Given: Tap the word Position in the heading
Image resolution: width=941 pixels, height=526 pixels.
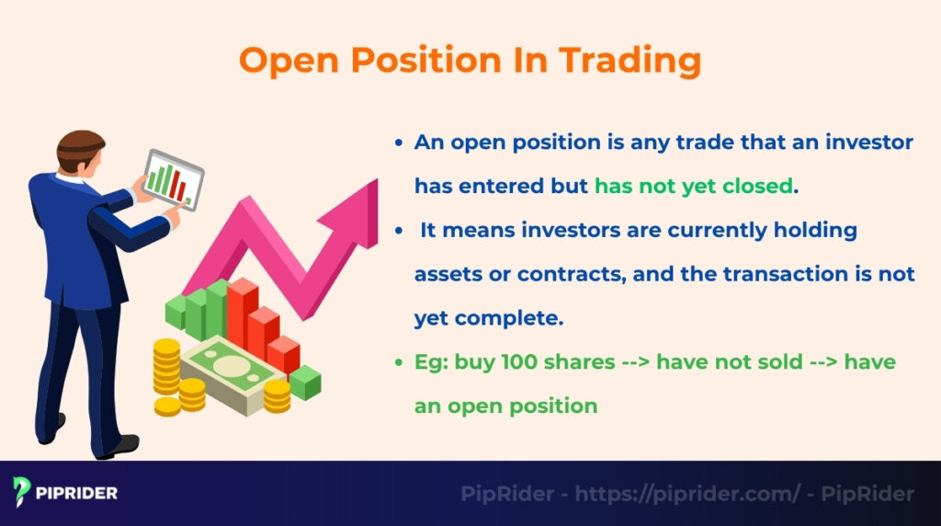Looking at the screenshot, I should [425, 61].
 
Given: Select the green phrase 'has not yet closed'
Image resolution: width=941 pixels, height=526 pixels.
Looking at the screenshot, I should [693, 186].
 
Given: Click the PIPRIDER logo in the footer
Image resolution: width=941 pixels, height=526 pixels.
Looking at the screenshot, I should [65, 493].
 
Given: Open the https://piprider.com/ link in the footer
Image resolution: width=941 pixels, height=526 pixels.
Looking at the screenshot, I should [687, 494].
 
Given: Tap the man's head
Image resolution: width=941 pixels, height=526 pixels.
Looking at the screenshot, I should [80, 153].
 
